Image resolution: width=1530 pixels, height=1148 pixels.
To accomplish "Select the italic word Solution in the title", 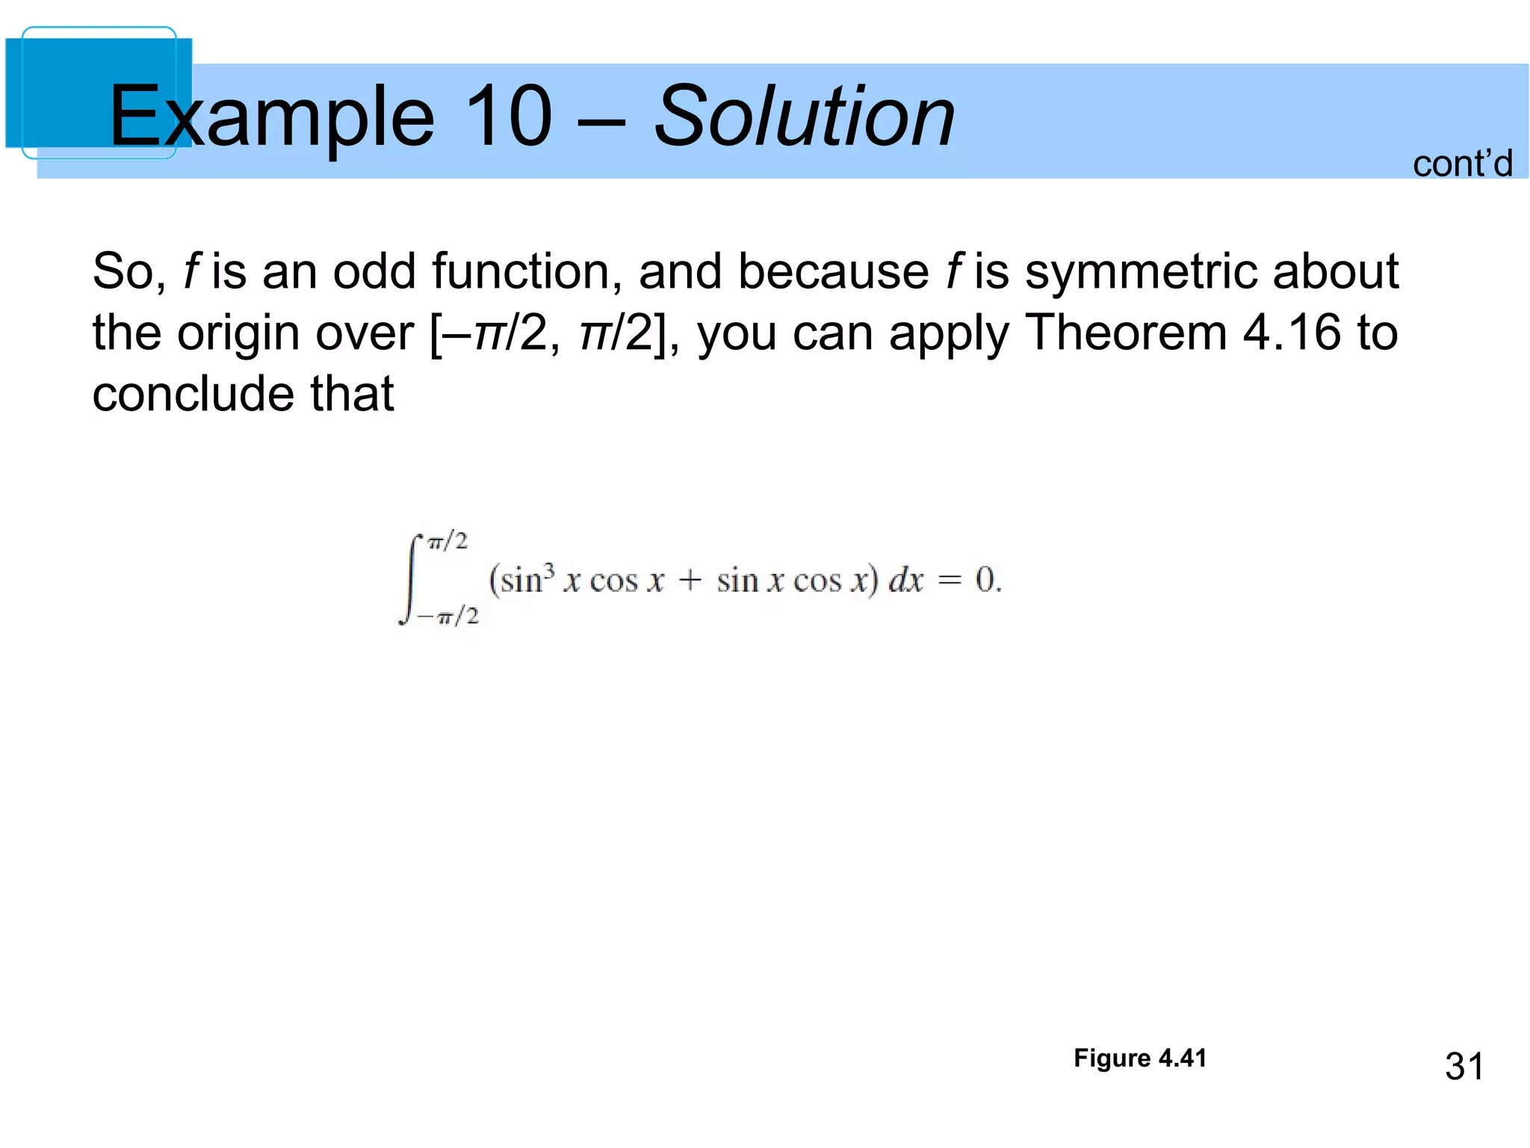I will pos(804,116).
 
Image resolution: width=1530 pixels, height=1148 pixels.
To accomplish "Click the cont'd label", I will pos(1462,163).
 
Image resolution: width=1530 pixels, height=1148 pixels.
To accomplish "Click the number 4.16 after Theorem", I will pos(1292,333).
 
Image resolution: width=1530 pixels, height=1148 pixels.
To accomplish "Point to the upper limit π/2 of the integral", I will pos(447,540).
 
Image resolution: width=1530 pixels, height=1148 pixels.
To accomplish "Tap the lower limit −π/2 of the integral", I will pos(448,617).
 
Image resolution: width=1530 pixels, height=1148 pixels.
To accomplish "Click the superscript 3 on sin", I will pos(549,570).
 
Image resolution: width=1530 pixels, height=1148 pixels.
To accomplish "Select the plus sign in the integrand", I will pos(690,580).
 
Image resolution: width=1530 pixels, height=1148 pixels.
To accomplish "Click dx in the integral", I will pos(905,580).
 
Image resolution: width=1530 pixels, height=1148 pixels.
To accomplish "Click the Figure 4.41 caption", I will pos(1139,1058).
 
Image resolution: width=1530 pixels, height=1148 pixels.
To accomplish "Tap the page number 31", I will pos(1464,1067).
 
